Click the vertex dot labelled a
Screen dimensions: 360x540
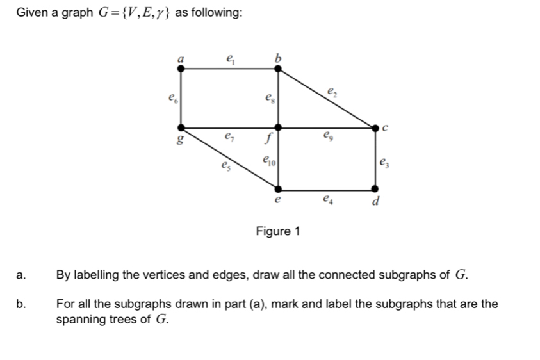click(x=181, y=66)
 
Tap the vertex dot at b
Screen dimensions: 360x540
click(x=278, y=66)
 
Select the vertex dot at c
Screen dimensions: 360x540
click(x=375, y=128)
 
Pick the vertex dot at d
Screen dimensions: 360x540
click(x=375, y=190)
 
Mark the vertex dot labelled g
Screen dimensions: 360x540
click(x=181, y=128)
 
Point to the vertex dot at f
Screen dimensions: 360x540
click(x=278, y=128)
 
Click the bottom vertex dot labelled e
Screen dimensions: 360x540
click(x=278, y=190)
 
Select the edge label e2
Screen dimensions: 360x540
click(x=331, y=91)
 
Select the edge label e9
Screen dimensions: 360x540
click(x=330, y=136)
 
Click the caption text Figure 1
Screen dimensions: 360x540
click(x=277, y=231)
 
